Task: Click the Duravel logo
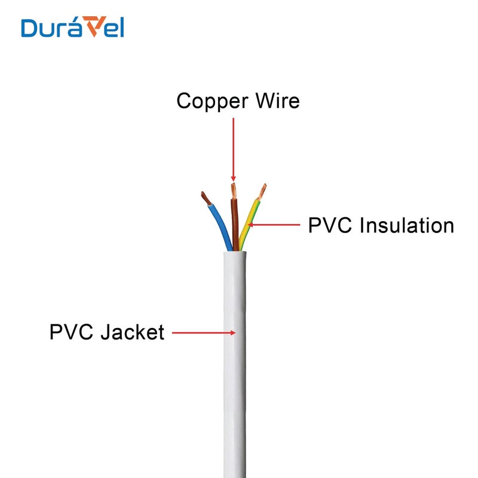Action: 72,27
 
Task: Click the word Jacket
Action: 132,332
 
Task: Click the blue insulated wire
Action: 219,224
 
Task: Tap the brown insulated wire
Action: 235,221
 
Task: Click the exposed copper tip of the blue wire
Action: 204,197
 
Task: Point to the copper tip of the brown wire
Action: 234,190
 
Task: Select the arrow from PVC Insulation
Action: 275,225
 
